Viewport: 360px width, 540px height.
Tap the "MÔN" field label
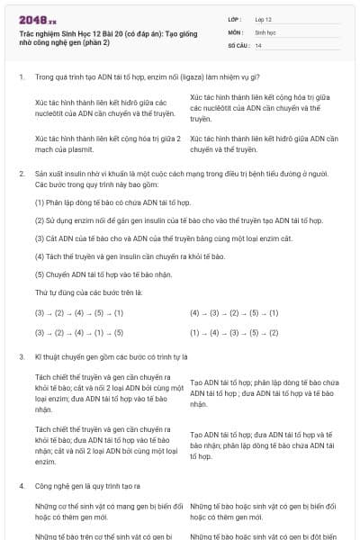pos(235,31)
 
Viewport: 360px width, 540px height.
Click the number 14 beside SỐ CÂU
pos(259,44)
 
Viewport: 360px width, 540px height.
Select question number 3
pos(21,356)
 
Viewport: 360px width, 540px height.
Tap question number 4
pos(21,485)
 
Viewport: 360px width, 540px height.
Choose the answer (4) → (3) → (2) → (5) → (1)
pos(234,312)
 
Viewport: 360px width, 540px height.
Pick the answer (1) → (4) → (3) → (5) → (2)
pos(234,332)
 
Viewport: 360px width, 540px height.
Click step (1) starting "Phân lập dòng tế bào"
pos(100,202)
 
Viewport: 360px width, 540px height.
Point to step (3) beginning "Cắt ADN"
pos(134,238)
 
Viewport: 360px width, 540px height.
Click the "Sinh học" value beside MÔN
pos(266,31)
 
